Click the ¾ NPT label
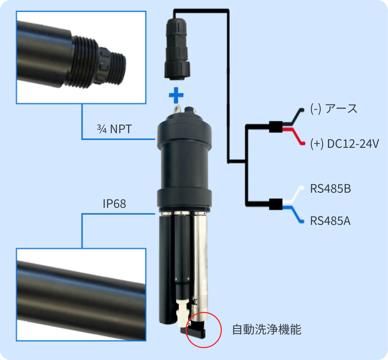click(114, 129)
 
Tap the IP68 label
click(114, 204)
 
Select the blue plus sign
click(176, 95)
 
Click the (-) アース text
click(334, 109)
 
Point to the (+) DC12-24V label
click(345, 144)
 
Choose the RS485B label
click(330, 189)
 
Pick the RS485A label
click(330, 221)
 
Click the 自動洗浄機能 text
click(267, 329)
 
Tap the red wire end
click(303, 144)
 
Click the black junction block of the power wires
click(276, 127)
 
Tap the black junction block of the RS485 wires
click(276, 204)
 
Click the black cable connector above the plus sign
click(177, 49)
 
